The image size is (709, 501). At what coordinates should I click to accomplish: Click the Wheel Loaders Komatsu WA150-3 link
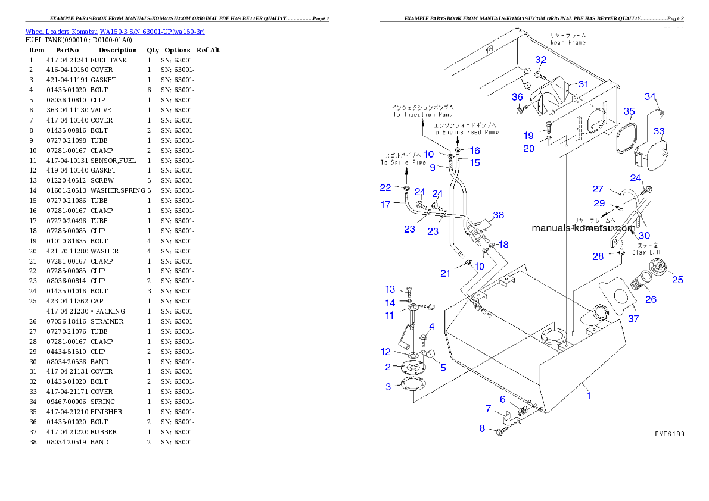(x=115, y=32)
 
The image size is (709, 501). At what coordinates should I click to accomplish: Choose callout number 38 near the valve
(x=498, y=215)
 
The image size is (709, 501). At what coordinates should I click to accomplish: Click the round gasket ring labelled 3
(x=410, y=385)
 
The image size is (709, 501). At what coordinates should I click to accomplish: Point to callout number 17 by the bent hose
(x=385, y=205)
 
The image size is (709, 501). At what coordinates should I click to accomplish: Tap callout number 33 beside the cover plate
(x=659, y=131)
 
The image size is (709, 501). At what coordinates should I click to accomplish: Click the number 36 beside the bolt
(x=517, y=98)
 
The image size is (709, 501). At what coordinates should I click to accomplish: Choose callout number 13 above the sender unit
(x=390, y=290)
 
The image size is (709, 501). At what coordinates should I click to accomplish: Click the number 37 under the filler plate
(x=633, y=319)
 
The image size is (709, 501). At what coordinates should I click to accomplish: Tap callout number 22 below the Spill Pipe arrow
(x=385, y=188)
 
